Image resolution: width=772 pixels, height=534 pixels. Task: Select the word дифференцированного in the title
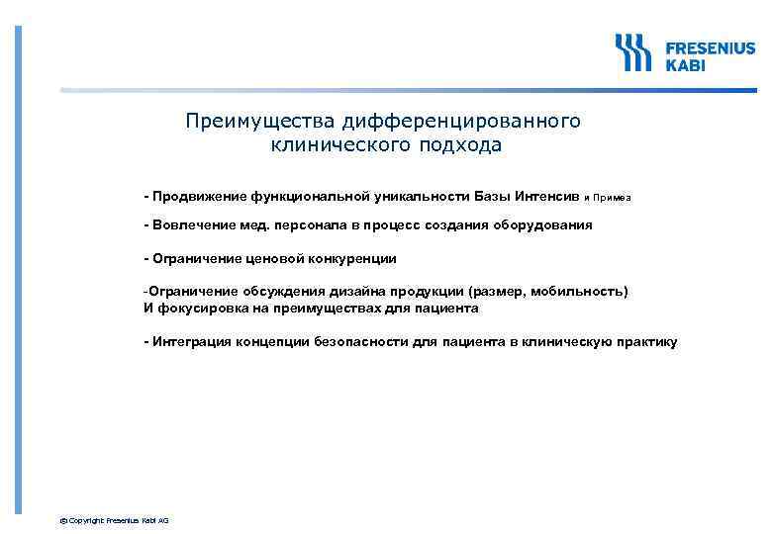459,121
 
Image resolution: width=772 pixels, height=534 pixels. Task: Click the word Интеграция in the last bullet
194,341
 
